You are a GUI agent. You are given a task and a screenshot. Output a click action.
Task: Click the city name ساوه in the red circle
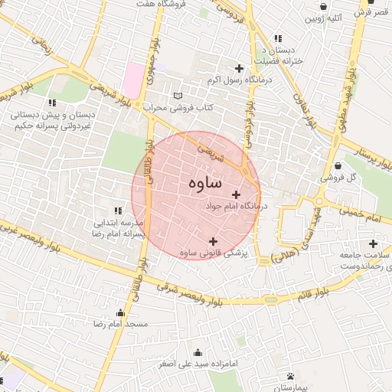204,183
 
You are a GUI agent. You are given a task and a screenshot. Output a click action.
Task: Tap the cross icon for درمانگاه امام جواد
236,194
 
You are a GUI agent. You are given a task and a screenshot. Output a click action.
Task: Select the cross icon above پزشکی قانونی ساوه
213,241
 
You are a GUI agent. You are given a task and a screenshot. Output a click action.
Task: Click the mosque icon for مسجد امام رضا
120,312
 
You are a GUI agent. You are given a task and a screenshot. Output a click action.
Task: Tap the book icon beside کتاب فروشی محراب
178,96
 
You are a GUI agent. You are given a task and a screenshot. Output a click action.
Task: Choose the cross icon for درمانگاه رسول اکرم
239,69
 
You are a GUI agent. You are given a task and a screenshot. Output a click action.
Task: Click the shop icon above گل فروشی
338,165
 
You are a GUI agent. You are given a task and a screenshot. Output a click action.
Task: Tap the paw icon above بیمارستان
291,376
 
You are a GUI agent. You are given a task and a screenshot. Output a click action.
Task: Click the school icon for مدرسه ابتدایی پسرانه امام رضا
118,210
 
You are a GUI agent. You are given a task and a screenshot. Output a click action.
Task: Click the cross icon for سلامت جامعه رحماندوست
372,243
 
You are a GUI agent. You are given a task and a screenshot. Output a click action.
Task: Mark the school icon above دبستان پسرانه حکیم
52,103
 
